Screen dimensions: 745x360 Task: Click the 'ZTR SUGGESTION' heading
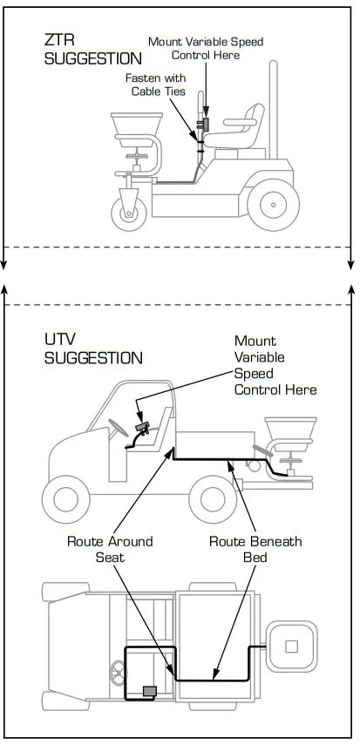[x=92, y=50]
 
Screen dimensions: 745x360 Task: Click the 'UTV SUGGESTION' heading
[x=93, y=349]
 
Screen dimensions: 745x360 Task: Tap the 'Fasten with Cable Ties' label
[x=158, y=85]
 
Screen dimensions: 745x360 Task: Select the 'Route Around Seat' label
[x=110, y=548]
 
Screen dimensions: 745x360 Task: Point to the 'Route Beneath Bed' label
[x=255, y=548]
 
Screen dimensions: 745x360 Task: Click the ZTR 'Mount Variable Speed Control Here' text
[x=205, y=48]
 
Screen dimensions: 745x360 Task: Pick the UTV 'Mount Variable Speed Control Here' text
[x=275, y=365]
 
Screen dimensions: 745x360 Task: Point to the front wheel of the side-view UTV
[x=66, y=500]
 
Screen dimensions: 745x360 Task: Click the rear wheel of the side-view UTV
[x=213, y=499]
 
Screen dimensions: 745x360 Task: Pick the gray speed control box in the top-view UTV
[x=150, y=691]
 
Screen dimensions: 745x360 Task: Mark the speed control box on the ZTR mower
[x=206, y=123]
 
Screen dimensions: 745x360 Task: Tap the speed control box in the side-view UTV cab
[x=144, y=428]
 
